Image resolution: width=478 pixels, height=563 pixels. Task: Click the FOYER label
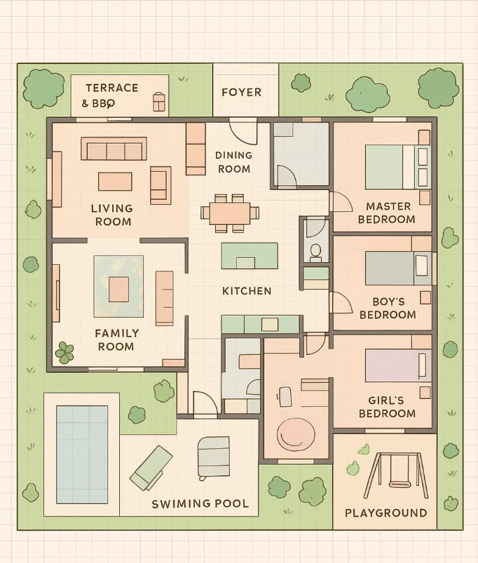coord(241,92)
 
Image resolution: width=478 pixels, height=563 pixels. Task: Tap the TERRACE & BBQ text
coord(111,95)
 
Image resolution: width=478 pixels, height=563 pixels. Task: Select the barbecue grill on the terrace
coord(159,102)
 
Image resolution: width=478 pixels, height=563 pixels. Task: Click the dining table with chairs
coord(229,212)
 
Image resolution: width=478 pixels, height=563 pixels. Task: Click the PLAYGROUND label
coord(385,513)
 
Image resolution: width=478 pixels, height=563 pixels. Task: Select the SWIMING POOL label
coord(200,503)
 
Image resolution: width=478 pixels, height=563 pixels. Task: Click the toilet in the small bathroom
coord(315,250)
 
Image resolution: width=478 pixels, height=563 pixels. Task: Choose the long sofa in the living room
coord(114,149)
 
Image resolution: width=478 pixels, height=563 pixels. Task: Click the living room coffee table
coord(115,182)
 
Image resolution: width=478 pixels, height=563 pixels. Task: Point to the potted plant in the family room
coord(64,353)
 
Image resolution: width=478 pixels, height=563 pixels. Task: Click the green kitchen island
coord(250,255)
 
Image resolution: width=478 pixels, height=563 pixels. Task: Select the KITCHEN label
coord(246,290)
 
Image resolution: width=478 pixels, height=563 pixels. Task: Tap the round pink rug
coord(296,435)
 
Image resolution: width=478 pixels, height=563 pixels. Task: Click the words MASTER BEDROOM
coord(386,212)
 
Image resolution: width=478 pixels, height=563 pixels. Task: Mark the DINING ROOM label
coord(233,162)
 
